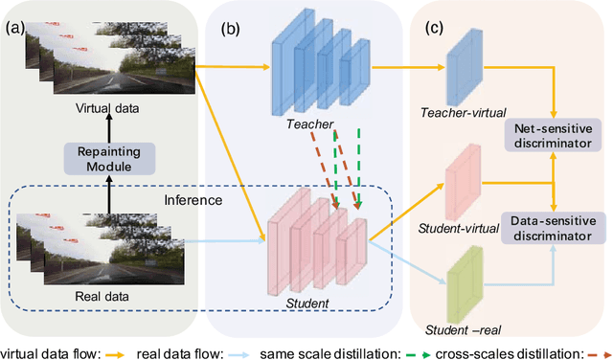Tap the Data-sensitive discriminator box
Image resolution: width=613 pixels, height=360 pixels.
coord(554,227)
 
